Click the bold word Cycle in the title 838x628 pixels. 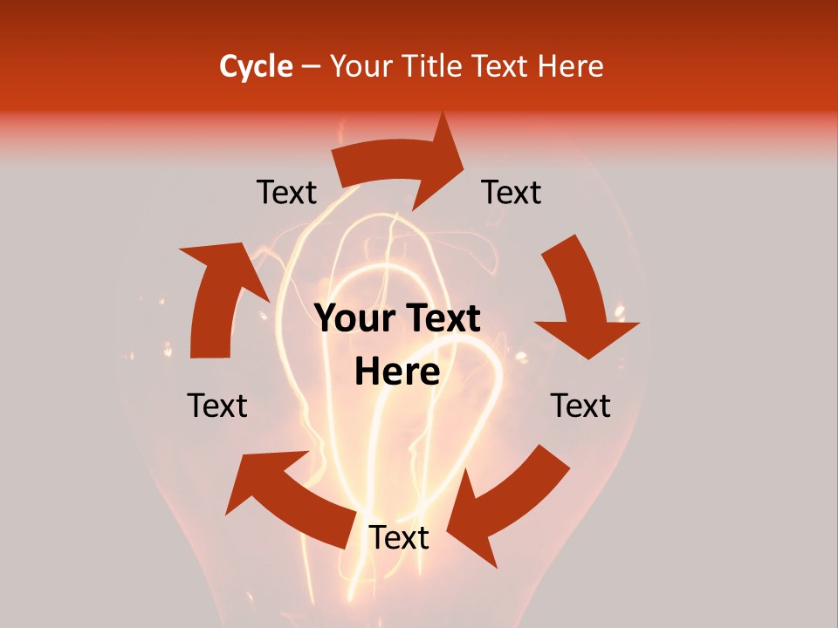[x=256, y=66]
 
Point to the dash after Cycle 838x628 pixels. [x=311, y=66]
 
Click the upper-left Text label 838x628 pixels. [x=286, y=192]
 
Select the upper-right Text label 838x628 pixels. [x=512, y=192]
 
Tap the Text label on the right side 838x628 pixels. [x=580, y=406]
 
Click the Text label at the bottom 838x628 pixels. [x=398, y=538]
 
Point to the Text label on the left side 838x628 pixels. [x=217, y=406]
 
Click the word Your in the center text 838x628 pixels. [x=354, y=319]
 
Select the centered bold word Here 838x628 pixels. [x=397, y=372]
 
